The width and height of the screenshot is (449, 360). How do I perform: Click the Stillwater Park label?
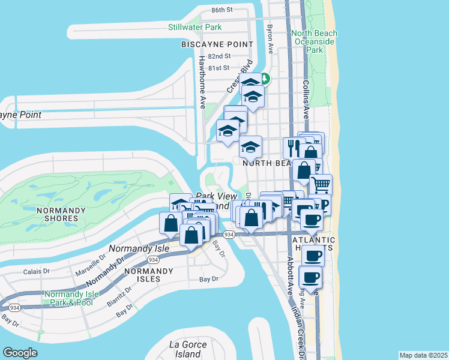pos(195,27)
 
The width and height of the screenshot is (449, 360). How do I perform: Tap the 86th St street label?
pos(221,10)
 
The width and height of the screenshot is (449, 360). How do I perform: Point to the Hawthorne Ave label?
pos(202,81)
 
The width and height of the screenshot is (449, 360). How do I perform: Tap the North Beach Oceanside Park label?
pos(315,41)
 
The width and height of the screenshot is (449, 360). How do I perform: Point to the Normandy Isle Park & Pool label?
pos(70,298)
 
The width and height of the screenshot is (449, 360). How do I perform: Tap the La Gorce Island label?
pos(187,349)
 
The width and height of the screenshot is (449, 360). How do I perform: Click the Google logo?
pos(20,353)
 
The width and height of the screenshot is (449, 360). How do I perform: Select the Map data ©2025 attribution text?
pos(423,355)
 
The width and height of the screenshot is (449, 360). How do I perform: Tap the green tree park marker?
pos(265,79)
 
